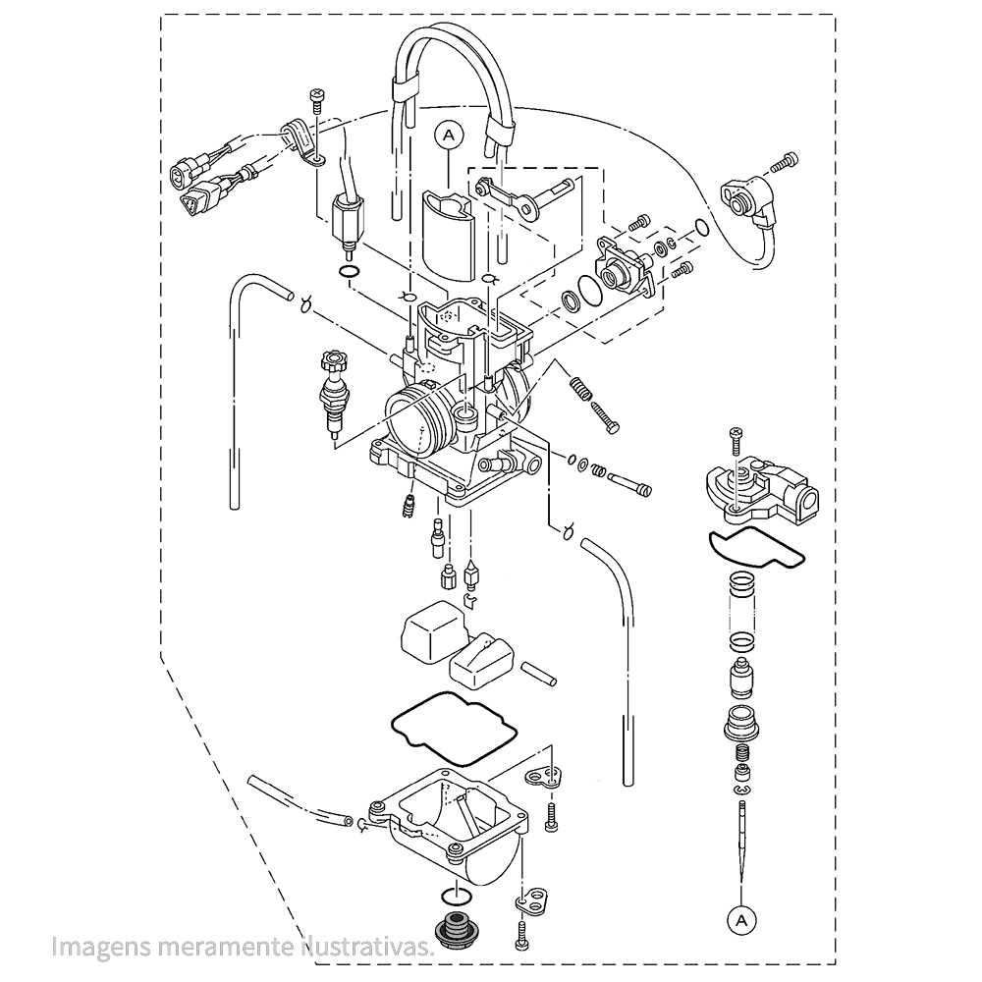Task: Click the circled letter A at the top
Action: (x=449, y=136)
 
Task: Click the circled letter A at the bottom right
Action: (x=740, y=920)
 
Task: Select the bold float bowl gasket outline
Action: (x=454, y=728)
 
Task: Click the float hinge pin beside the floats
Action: (x=539, y=673)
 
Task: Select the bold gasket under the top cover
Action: (x=756, y=547)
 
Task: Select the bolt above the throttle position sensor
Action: (x=784, y=162)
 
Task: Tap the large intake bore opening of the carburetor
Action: (x=415, y=422)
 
